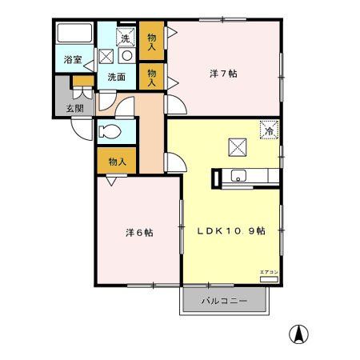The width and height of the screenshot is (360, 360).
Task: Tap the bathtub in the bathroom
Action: (74, 34)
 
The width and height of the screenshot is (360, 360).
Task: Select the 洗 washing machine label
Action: (125, 38)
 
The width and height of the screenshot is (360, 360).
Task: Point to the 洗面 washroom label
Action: (116, 77)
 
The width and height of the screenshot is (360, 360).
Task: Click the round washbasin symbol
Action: (126, 57)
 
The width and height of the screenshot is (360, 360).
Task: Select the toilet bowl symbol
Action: (109, 132)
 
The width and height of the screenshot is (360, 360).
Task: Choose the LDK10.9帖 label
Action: (231, 230)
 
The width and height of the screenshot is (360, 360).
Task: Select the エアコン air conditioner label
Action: (266, 273)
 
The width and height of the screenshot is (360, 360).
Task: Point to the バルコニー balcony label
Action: (223, 302)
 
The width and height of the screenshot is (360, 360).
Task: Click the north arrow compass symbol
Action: (298, 334)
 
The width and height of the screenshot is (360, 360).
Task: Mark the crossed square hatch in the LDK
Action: (238, 147)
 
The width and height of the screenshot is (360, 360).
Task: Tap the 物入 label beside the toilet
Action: (118, 162)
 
